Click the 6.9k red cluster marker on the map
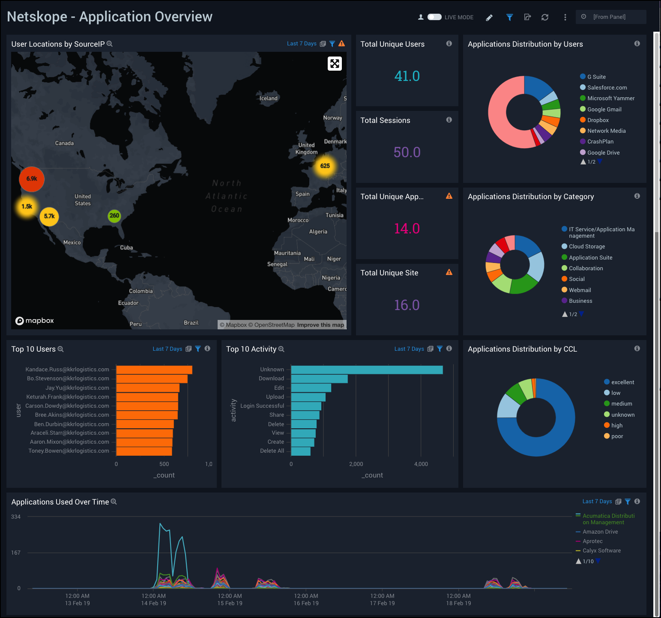coord(32,179)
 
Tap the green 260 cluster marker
coord(114,216)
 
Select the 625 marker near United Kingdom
coord(325,166)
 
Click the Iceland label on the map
coord(269,99)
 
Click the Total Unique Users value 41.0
coord(407,76)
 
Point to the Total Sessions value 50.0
coord(407,152)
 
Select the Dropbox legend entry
coord(598,120)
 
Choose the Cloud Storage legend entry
coord(586,247)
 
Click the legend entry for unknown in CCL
coord(622,415)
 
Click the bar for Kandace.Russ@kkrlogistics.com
coord(154,370)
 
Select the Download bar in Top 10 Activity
coord(319,379)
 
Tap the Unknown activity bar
coord(367,370)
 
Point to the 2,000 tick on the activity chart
coord(356,464)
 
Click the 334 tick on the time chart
coord(16,517)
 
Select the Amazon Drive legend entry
coord(600,532)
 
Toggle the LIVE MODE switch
coord(434,17)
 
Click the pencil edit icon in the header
coord(489,18)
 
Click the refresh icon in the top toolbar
coord(545,17)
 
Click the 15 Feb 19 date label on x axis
coord(230,603)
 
